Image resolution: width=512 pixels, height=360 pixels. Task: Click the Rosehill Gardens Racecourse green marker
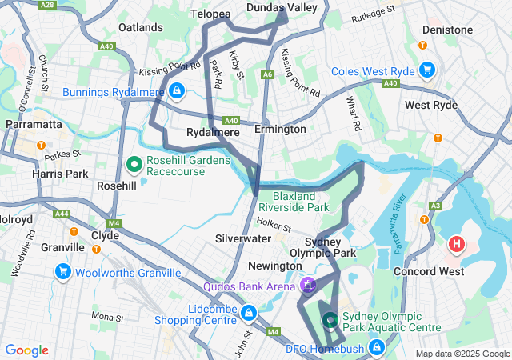pyautogui.click(x=134, y=166)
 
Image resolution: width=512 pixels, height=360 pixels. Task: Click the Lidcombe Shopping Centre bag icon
pyautogui.click(x=249, y=311)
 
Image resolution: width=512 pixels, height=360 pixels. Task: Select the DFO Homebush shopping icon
pyautogui.click(x=374, y=348)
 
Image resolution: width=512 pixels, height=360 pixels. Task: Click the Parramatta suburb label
pyautogui.click(x=34, y=124)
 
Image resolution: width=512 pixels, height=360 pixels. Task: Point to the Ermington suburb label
pyautogui.click(x=280, y=129)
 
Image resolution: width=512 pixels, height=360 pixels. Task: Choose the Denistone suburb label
pyautogui.click(x=449, y=30)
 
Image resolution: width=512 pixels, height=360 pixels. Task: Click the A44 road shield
pyautogui.click(x=61, y=214)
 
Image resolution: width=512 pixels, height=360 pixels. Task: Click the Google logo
pyautogui.click(x=27, y=350)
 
